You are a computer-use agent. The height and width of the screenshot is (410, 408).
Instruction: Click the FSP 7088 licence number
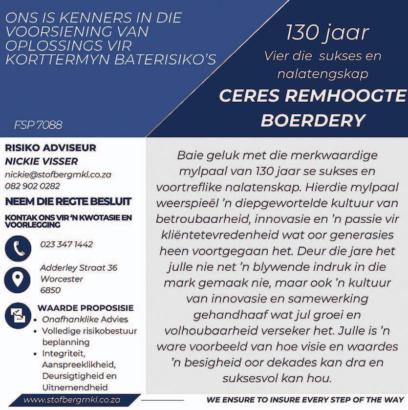(38, 125)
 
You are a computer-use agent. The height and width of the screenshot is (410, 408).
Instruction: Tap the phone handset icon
(18, 248)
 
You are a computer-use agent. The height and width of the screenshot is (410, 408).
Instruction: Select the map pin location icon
(18, 280)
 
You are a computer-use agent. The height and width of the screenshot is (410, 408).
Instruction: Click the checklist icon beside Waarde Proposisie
(18, 316)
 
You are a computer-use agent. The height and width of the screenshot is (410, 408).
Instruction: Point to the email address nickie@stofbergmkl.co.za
(58, 174)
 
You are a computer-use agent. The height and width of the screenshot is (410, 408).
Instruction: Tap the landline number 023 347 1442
(66, 244)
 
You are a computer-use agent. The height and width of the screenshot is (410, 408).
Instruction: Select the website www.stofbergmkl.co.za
(72, 400)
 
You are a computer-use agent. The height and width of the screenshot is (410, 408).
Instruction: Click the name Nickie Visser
(42, 161)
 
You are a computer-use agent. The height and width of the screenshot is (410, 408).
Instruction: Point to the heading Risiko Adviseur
(50, 148)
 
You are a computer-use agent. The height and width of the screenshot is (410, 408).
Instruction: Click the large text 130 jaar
(327, 33)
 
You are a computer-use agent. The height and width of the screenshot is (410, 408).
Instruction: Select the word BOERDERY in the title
(313, 120)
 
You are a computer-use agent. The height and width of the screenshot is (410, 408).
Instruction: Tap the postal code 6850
(50, 290)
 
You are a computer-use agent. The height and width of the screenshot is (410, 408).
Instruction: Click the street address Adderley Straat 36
(79, 268)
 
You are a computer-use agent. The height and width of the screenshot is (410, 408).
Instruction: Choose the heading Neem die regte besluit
(68, 201)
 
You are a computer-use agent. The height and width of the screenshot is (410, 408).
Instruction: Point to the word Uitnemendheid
(75, 387)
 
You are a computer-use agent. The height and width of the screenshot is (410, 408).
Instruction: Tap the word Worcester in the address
(62, 279)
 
